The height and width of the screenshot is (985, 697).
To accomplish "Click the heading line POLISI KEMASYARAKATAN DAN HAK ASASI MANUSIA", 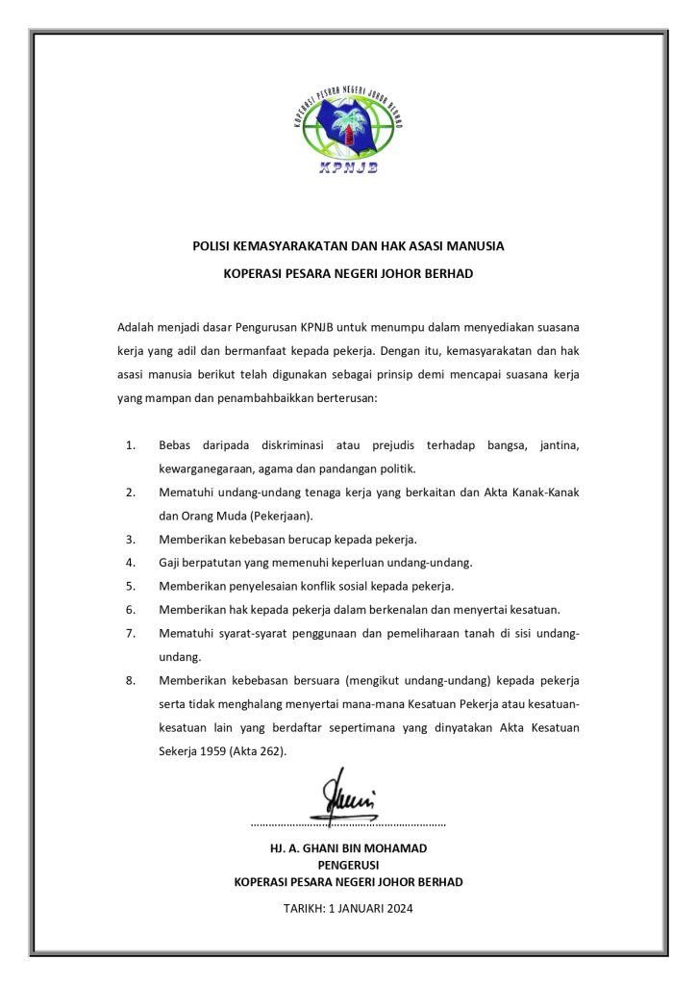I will point(348,246).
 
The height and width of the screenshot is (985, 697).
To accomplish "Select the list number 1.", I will point(130,445).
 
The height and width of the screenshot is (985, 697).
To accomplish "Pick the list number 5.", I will point(130,585).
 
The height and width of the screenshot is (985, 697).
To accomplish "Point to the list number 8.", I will point(130,680).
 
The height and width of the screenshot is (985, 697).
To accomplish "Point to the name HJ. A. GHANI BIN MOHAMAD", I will point(348,848).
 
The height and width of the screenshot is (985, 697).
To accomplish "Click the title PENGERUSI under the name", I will point(348,865).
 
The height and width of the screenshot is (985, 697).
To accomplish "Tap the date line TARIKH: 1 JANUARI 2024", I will point(348,908).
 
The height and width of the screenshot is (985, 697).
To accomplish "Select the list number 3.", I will point(130,539).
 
